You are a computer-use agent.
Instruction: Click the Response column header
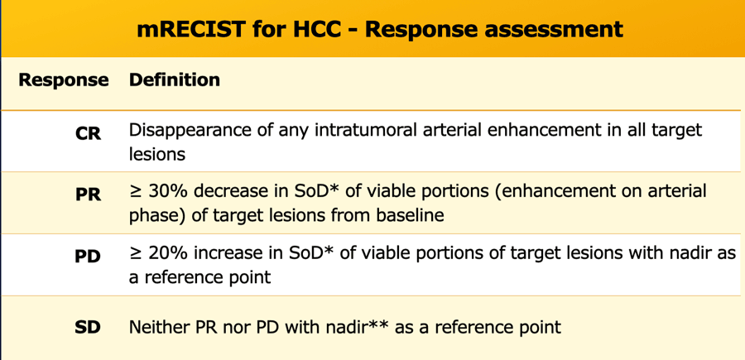(x=63, y=79)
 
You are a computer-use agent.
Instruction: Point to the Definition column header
(x=175, y=79)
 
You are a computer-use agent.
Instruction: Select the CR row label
(x=89, y=133)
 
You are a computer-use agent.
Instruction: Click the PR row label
(x=89, y=194)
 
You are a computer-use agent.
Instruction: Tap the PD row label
(x=89, y=257)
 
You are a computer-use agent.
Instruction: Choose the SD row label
(x=89, y=327)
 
